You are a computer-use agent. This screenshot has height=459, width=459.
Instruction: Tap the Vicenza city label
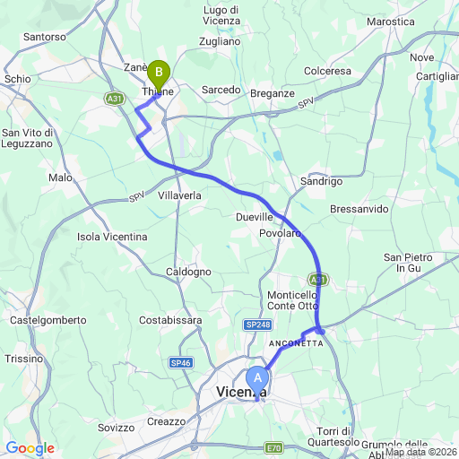tap(241, 392)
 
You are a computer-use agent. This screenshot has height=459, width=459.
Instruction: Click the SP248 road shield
tap(257, 325)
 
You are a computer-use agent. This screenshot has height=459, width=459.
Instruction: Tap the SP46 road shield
tap(180, 362)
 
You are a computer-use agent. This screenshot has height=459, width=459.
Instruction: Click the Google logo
tap(30, 448)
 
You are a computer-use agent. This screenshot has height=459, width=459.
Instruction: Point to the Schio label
tap(17, 79)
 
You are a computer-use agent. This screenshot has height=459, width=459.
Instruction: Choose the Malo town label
tap(60, 178)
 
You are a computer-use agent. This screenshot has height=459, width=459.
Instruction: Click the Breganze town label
tap(273, 93)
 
